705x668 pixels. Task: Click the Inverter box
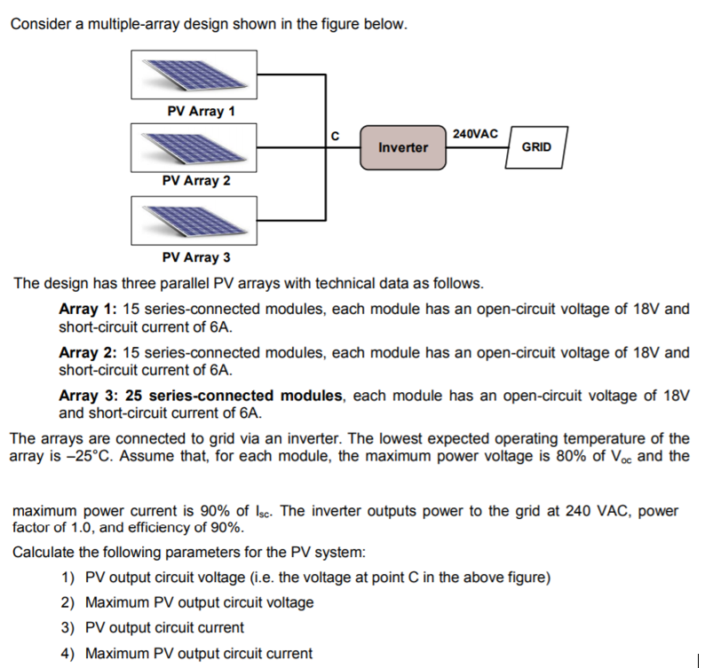[x=402, y=147]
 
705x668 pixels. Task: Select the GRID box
[x=536, y=146]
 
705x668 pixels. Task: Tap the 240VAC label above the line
[x=475, y=133]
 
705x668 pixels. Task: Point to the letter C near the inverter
[x=335, y=136]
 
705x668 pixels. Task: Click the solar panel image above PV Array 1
[x=194, y=75]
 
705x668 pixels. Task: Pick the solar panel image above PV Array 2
[x=194, y=146]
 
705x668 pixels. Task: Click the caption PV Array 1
[x=201, y=112]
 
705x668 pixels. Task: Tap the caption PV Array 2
[x=196, y=181]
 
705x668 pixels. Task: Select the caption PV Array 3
[x=196, y=258]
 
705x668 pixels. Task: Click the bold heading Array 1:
[x=87, y=310]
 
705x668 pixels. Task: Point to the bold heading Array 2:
[x=87, y=352]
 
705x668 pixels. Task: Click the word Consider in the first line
[x=41, y=24]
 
